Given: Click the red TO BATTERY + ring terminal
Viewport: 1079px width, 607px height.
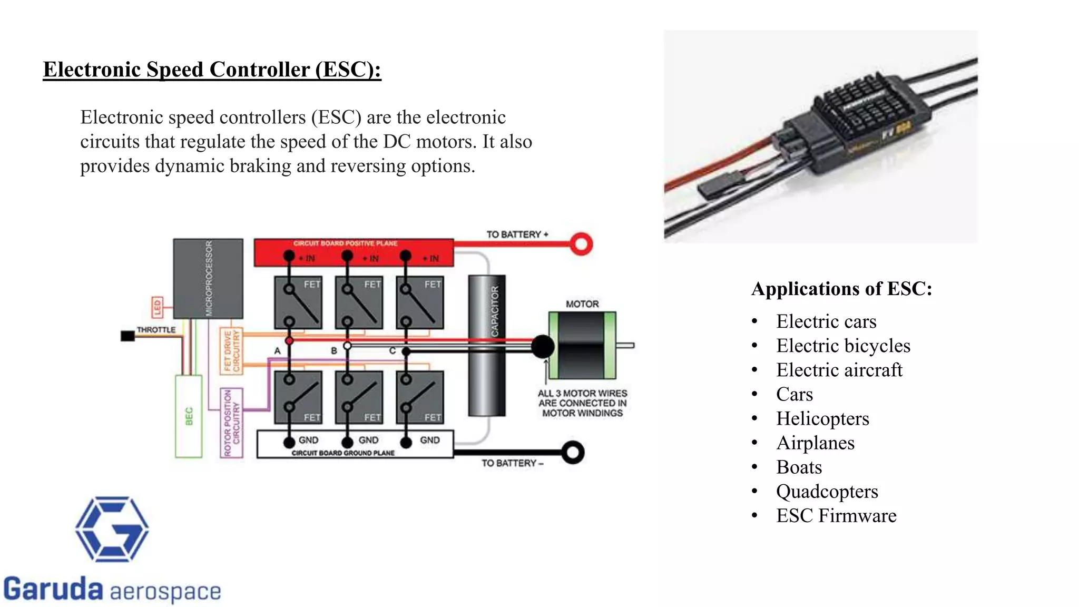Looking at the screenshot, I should [581, 244].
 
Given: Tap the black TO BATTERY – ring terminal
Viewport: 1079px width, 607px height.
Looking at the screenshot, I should [573, 453].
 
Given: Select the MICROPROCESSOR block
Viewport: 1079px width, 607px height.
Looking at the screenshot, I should [208, 278].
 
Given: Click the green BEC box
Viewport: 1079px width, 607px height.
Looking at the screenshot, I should [189, 416].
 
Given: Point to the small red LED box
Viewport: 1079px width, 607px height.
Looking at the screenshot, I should [157, 307].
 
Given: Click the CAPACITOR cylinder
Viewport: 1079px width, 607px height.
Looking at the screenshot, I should [487, 346].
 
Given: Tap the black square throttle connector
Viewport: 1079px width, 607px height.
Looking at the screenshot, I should [127, 336].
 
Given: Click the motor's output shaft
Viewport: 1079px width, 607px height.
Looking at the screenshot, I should [625, 346].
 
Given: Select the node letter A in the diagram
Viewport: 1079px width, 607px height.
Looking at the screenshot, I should [278, 351].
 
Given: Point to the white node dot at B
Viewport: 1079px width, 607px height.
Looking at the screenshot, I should [347, 346].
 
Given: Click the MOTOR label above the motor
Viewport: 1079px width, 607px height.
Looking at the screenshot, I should [582, 304].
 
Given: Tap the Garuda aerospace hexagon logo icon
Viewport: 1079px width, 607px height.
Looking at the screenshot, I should [112, 529].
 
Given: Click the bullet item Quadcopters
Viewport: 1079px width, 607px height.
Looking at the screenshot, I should [827, 492].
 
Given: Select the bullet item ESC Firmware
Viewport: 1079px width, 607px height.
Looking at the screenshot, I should [836, 516].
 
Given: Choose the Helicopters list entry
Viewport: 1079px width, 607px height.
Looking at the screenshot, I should [822, 419].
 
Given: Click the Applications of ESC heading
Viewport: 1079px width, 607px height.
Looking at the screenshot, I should [841, 289].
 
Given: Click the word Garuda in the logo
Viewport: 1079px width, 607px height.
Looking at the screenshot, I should [53, 589].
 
